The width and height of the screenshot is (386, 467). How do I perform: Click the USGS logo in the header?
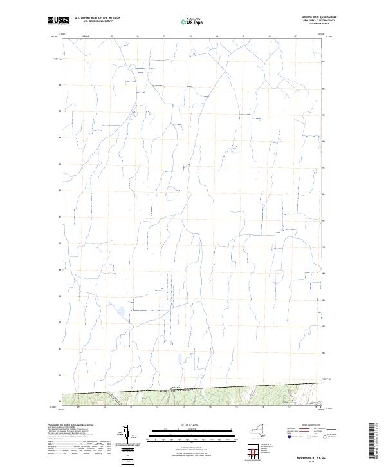59,21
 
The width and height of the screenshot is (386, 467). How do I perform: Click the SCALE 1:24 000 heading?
186,425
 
